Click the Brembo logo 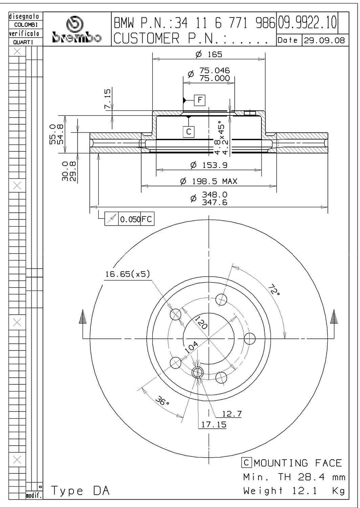pyautogui.click(x=77, y=30)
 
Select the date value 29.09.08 pyautogui.click(x=324, y=40)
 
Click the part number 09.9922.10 pyautogui.click(x=308, y=22)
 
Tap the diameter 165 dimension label pyautogui.click(x=209, y=54)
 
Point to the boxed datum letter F pyautogui.click(x=200, y=100)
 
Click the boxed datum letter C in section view pyautogui.click(x=189, y=131)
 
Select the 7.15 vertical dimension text pyautogui.click(x=107, y=99)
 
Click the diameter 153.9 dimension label pyautogui.click(x=209, y=165)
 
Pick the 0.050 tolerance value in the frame pyautogui.click(x=130, y=219)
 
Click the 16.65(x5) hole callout pyautogui.click(x=127, y=274)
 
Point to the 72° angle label pyautogui.click(x=274, y=290)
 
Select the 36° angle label pyautogui.click(x=162, y=402)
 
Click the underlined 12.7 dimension pyautogui.click(x=232, y=414)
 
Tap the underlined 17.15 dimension pyautogui.click(x=214, y=424)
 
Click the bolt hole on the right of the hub pyautogui.click(x=250, y=338)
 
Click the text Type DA pyautogui.click(x=80, y=490)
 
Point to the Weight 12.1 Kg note pyautogui.click(x=294, y=490)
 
